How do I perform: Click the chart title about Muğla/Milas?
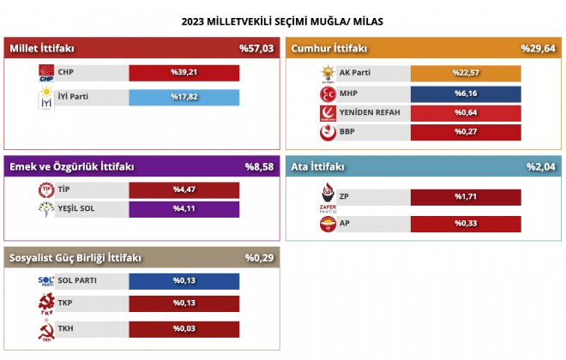[x=282, y=21]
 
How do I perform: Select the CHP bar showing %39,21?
[x=184, y=73]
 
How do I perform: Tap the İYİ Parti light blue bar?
[x=184, y=98]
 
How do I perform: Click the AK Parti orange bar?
[x=466, y=73]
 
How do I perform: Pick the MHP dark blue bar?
[x=466, y=94]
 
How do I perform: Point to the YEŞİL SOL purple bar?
[x=184, y=209]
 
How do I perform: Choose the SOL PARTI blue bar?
[x=184, y=281]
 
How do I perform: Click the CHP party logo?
[x=46, y=73]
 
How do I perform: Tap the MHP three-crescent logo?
[x=328, y=94]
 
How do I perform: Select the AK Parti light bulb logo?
[x=328, y=75]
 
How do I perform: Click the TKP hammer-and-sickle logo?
[x=46, y=303]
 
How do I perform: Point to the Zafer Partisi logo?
[x=328, y=198]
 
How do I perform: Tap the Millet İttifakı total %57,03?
[x=256, y=48]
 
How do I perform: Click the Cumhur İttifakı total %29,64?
[x=539, y=48]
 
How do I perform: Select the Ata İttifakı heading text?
[x=317, y=166]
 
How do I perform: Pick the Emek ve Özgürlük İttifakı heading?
[x=72, y=166]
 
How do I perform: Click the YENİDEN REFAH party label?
[x=370, y=112]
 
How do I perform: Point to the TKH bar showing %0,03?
[x=184, y=329]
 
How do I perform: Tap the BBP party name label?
[x=347, y=132]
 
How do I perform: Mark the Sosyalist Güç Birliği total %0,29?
[x=260, y=258]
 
